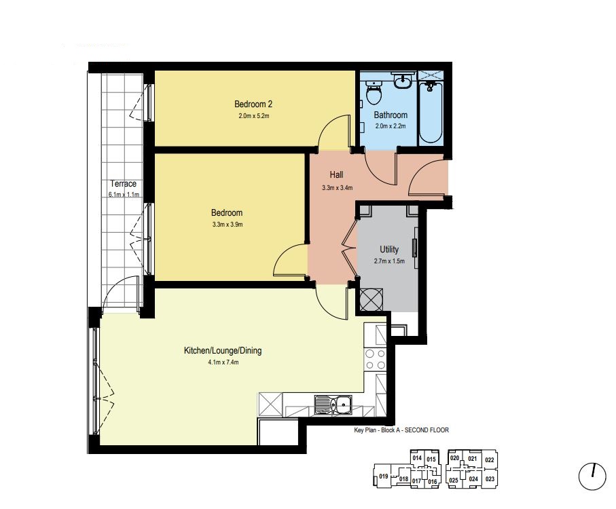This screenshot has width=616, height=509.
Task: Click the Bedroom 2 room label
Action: click(253, 104)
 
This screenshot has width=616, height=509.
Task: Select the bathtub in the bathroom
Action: click(431, 112)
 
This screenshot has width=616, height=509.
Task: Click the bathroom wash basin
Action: click(402, 81)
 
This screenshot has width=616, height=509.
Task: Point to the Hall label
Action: click(336, 174)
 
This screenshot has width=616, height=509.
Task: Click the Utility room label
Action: click(389, 249)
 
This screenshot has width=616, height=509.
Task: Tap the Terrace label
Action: click(124, 184)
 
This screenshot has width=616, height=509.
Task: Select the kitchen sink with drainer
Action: click(333, 404)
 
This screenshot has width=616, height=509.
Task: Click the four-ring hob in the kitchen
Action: click(375, 360)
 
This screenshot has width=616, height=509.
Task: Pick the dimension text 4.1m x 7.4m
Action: click(223, 362)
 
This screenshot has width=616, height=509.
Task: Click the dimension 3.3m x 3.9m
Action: click(227, 225)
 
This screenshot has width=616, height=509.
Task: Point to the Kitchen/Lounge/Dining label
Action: click(223, 350)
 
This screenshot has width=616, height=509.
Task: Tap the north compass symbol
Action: click(592, 476)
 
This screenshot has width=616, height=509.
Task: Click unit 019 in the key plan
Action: click(384, 476)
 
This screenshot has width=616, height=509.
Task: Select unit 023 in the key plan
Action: click(490, 478)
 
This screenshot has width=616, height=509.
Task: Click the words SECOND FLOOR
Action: click(427, 430)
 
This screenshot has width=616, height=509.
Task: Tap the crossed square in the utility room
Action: click(372, 300)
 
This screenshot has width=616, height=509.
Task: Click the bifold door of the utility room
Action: click(348, 249)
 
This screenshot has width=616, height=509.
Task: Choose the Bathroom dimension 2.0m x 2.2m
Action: click(390, 126)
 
